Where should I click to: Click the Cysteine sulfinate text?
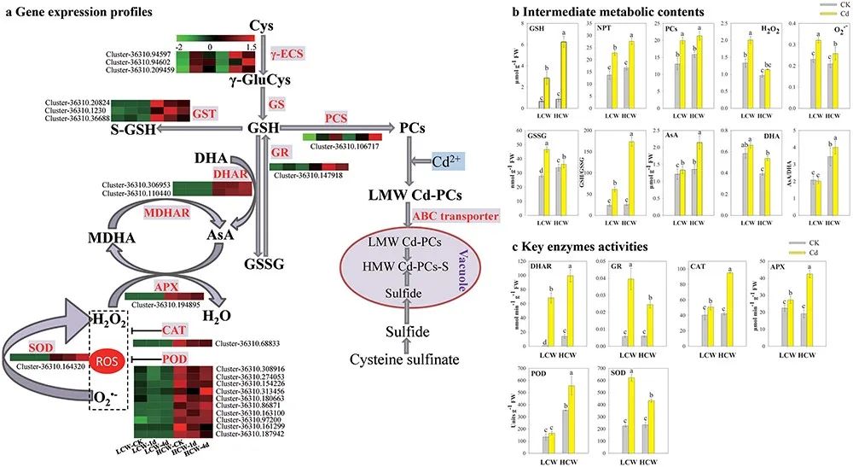[x=411, y=359]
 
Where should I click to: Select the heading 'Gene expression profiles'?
[x=73, y=13]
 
